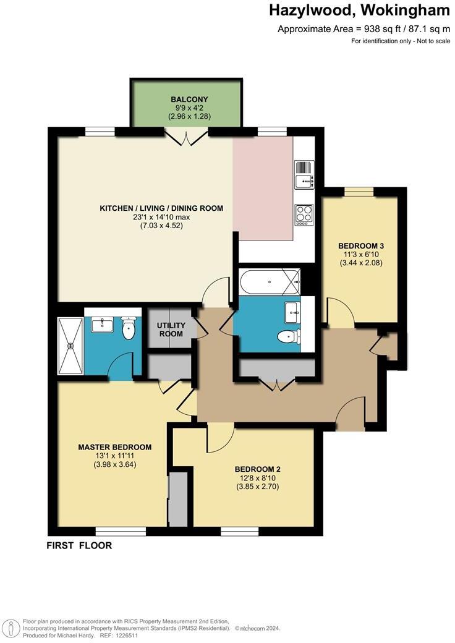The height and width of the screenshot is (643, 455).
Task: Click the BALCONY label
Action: [x=190, y=100]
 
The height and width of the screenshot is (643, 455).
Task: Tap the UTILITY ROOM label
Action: [x=171, y=330]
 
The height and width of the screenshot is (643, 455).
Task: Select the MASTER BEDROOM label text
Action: [x=114, y=447]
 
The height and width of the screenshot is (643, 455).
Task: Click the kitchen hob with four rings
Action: [x=304, y=213]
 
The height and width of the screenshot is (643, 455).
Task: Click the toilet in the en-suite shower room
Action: [x=129, y=328]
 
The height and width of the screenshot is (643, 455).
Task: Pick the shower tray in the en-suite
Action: [x=69, y=346]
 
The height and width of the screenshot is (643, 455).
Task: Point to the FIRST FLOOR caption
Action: [x=79, y=546]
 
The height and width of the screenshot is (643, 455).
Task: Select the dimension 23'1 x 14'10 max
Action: [x=161, y=217]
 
